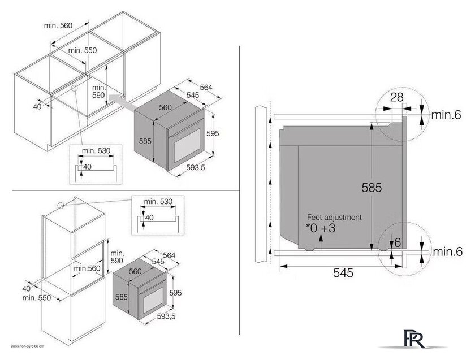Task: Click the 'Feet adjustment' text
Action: pos(334,217)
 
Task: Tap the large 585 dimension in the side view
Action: pos(372,188)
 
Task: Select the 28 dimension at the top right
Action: pos(396,97)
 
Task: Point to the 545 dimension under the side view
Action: pos(343,273)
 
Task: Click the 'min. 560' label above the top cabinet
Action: pos(58,25)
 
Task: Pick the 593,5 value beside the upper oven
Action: pos(196,167)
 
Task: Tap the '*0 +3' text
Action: pos(321,228)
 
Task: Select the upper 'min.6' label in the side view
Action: pos(446,115)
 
